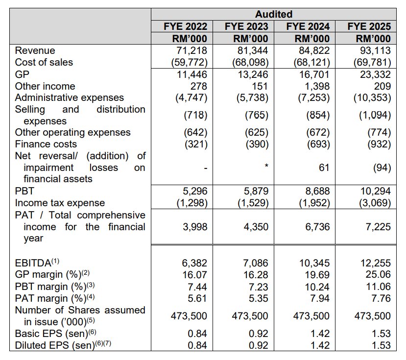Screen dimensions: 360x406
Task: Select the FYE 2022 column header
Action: pyautogui.click(x=185, y=26)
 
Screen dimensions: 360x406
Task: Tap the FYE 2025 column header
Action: pyautogui.click(x=369, y=26)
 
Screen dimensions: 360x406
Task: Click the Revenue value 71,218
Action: pyautogui.click(x=191, y=50)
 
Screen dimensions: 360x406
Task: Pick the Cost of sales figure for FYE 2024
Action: pyautogui.click(x=311, y=62)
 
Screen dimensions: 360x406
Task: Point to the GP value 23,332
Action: pyautogui.click(x=375, y=74)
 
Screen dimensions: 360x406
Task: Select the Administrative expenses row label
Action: pyautogui.click(x=70, y=97)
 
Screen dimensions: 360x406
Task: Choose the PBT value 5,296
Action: pyautogui.click(x=194, y=191)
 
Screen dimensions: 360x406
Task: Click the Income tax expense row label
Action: pyautogui.click(x=59, y=203)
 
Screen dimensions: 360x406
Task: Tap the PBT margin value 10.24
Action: pyautogui.click(x=317, y=287)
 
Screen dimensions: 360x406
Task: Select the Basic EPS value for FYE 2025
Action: pyautogui.click(x=381, y=334)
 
